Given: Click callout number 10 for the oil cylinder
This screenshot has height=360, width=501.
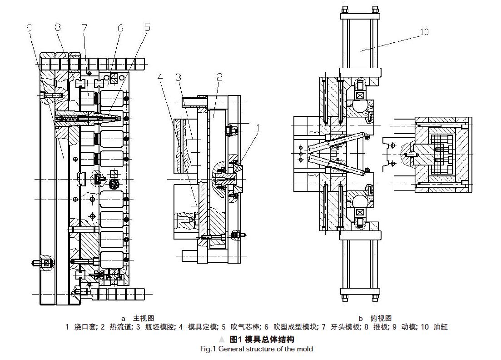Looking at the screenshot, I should pos(424,32).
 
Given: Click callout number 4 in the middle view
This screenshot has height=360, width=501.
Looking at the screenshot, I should pos(160,77).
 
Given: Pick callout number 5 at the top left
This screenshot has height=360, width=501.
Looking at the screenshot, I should pos(148,28).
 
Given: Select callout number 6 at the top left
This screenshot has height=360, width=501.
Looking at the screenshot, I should pos(120,28).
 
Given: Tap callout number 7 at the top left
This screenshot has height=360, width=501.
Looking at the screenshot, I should pos(84,28).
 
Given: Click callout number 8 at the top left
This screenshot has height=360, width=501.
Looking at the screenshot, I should pos(58,28).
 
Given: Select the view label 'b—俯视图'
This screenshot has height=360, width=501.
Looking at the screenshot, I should pos(375,318).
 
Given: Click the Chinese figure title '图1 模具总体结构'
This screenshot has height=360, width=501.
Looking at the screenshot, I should pos(262,339).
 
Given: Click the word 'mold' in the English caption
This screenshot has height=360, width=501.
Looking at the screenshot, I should pos(305,349).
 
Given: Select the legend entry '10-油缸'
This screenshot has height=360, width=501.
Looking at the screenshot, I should pos(435,326).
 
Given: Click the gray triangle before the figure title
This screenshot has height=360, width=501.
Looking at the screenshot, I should pos(222,339).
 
